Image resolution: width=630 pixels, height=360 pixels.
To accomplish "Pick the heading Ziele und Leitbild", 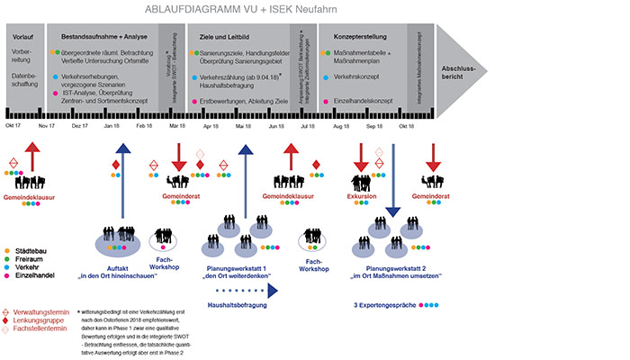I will tap(224, 37).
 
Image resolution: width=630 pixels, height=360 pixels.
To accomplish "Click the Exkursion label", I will tap(364, 195).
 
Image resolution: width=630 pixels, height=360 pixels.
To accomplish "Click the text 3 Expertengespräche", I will tap(385, 306).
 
